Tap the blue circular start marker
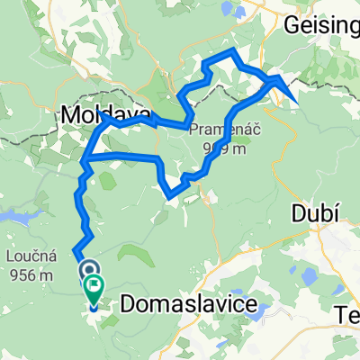(x=90, y=269)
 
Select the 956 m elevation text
(x=31, y=275)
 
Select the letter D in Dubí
(x=297, y=213)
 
